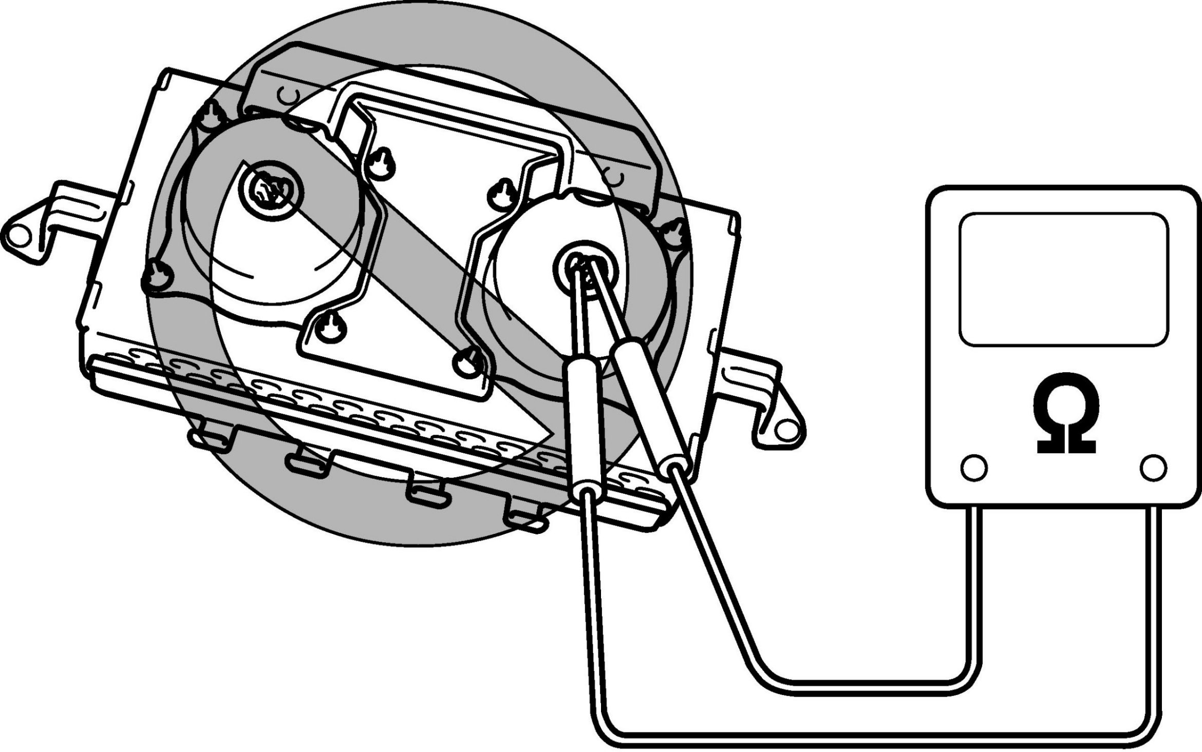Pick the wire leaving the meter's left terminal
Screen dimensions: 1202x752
pyautogui.click(x=973, y=590)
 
